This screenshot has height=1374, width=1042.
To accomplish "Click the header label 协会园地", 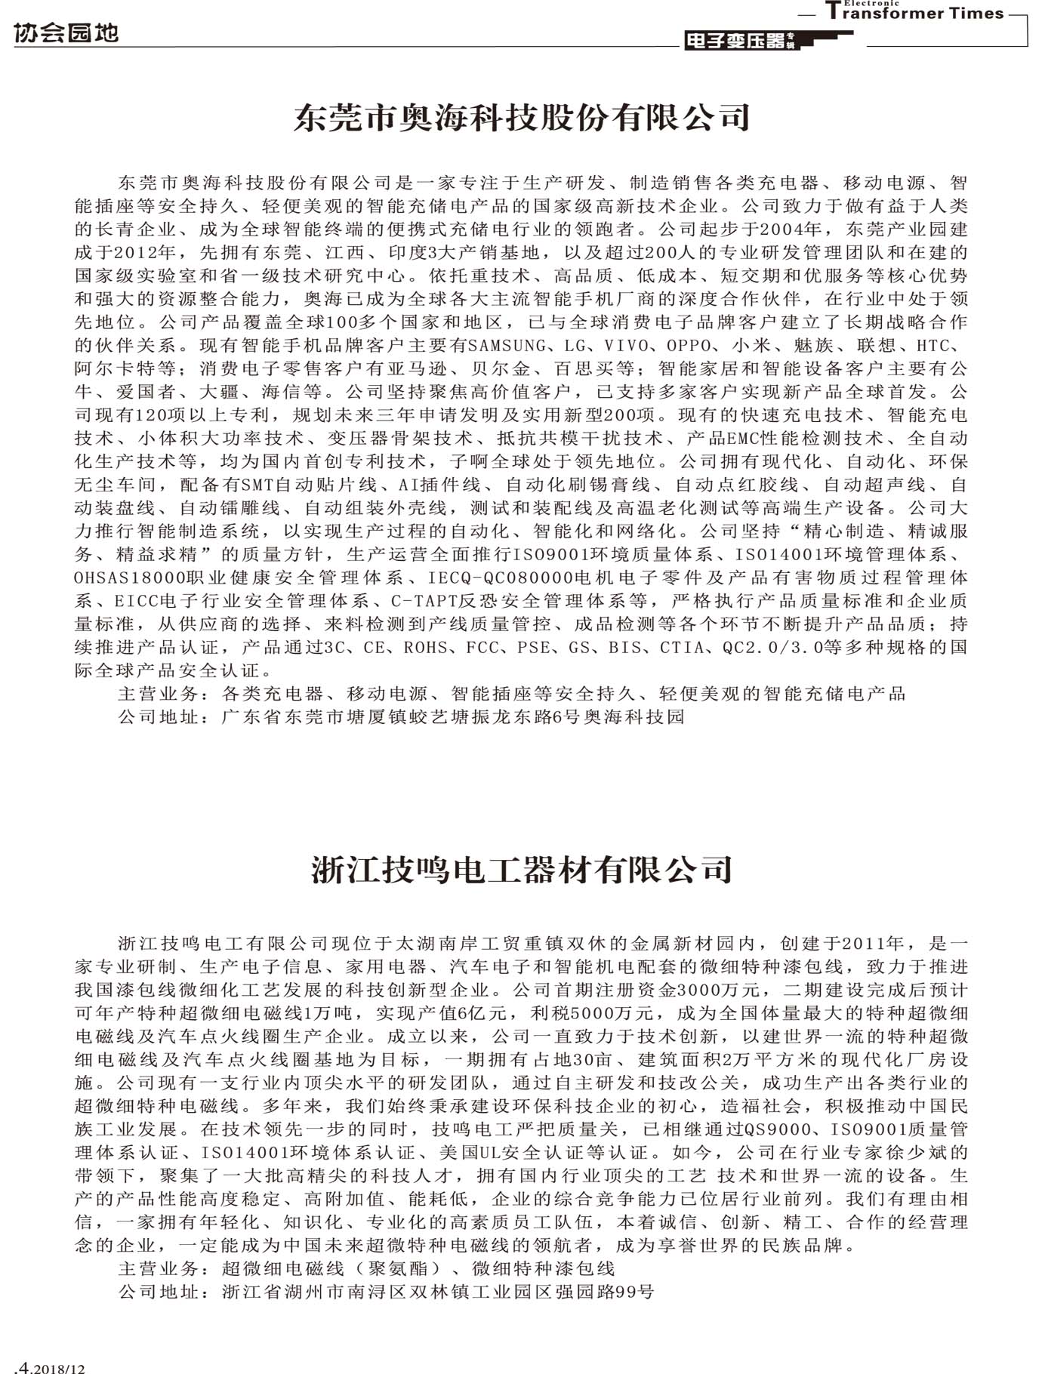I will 66,33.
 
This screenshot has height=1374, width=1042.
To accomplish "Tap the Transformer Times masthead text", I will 914,12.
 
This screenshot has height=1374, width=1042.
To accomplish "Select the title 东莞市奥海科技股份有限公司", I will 521,118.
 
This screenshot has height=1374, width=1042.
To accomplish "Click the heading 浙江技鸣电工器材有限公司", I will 521,870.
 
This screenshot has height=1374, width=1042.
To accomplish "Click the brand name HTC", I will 937,346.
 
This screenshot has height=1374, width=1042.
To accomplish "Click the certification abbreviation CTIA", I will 683,648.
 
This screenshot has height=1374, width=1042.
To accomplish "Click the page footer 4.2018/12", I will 50,1367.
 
